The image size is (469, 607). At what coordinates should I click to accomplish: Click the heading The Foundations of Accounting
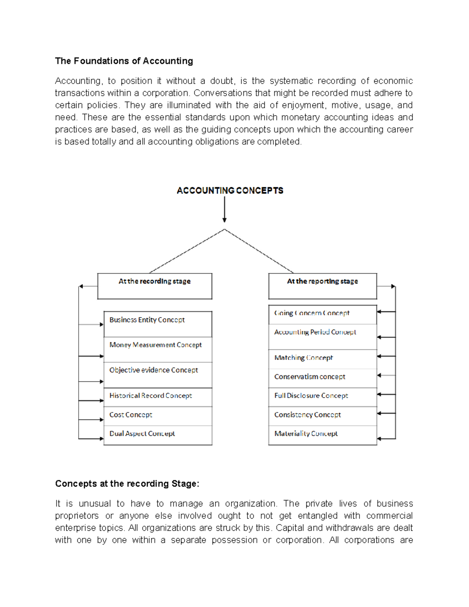124,61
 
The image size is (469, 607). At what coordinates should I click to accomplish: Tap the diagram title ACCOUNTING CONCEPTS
230,191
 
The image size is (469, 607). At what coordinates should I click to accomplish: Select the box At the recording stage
155,286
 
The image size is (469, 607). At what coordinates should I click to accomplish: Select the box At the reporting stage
322,286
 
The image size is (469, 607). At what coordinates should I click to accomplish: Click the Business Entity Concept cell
158,324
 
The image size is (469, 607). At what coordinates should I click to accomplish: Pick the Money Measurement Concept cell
158,349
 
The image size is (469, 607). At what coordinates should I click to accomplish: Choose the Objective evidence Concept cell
158,375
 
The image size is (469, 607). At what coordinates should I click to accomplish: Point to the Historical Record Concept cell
158,397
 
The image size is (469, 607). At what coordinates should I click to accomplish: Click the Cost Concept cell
158,416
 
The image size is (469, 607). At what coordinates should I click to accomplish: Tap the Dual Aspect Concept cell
158,435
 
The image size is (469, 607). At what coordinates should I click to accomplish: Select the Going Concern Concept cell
322,315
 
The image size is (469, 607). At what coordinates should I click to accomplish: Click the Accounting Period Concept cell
322,337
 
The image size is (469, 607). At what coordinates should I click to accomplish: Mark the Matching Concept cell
322,359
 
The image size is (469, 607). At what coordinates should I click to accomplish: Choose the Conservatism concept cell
322,378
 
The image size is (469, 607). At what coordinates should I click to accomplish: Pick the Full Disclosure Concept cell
322,397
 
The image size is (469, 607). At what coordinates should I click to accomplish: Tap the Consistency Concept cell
322,416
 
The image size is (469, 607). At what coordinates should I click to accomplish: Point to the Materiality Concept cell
322,435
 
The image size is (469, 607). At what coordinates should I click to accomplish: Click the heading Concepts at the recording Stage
127,484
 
